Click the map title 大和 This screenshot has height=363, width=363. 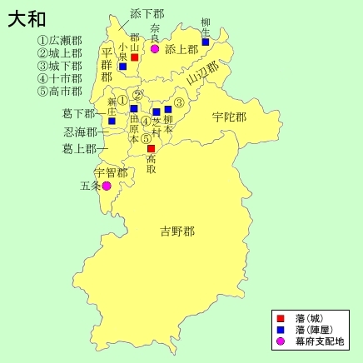(27, 18)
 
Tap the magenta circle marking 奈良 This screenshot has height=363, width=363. (155, 49)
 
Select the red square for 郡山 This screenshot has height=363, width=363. (134, 57)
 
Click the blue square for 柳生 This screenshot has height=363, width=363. (206, 42)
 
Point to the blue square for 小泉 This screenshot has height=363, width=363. (122, 66)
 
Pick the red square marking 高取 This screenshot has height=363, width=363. (151, 149)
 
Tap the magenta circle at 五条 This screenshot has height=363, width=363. (107, 186)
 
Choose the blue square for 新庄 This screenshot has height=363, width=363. (112, 121)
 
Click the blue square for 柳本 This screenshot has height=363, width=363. (168, 109)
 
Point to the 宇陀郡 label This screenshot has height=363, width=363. (229, 117)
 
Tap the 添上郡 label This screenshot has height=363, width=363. (181, 50)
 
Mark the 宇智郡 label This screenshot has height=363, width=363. (110, 172)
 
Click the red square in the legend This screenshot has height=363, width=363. (281, 318)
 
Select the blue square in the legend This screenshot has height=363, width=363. (281, 330)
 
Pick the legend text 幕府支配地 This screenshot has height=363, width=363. (319, 342)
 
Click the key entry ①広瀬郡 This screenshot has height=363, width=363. (60, 40)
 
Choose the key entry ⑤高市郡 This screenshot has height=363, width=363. (60, 91)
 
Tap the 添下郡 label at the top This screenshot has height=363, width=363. (148, 14)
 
